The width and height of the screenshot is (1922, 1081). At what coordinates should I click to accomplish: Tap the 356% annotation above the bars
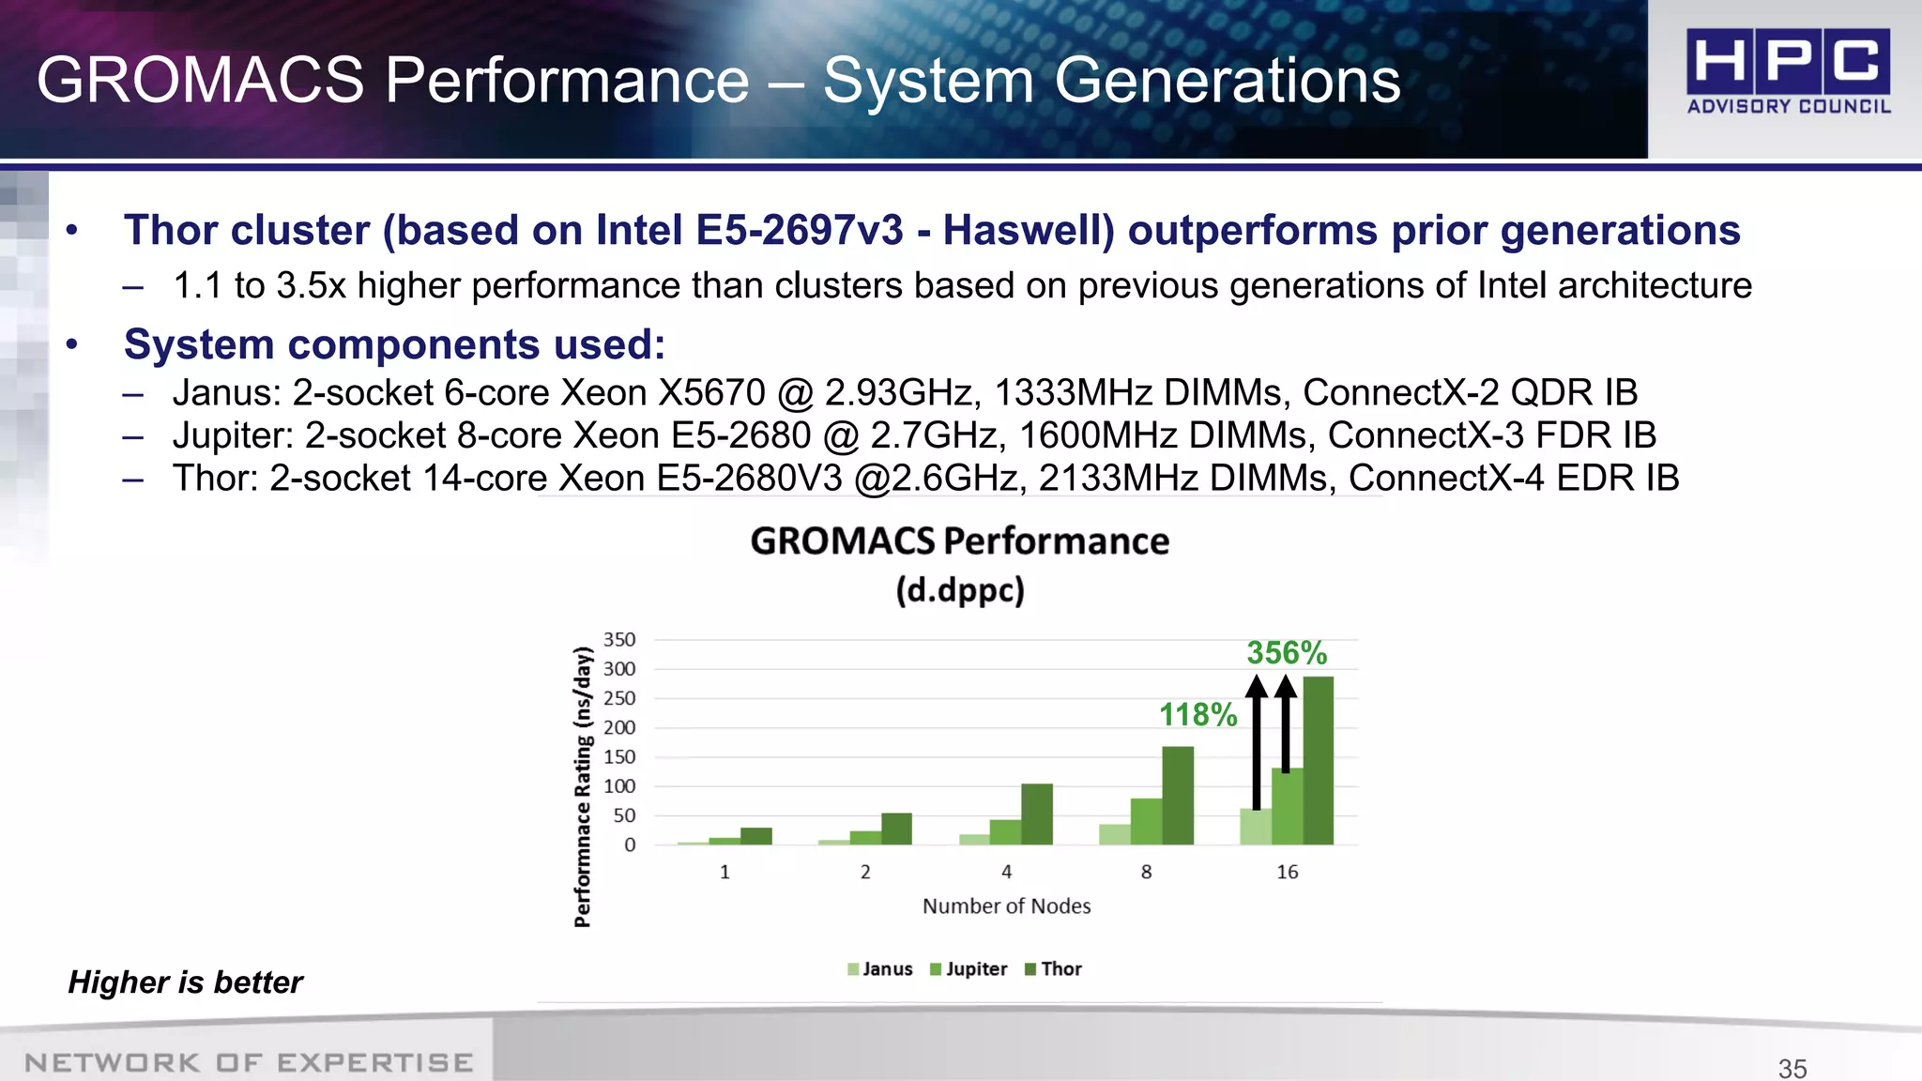[x=1286, y=653]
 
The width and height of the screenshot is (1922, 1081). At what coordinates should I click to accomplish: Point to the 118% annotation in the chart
[x=1197, y=715]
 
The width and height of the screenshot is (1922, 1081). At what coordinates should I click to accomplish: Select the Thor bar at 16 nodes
[x=1318, y=760]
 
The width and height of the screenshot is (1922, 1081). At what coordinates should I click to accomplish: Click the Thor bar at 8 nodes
[x=1178, y=796]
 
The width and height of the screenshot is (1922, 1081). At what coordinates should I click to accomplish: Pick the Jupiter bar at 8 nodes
[x=1146, y=821]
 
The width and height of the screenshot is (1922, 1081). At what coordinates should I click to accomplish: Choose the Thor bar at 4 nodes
[x=1037, y=814]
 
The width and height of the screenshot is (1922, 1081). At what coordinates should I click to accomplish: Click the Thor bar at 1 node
[x=756, y=835]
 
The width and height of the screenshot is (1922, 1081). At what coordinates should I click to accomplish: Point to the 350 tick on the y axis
[x=619, y=640]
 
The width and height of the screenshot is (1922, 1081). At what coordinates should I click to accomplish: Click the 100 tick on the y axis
[x=619, y=786]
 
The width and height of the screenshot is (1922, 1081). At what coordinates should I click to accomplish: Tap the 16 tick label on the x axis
[x=1287, y=872]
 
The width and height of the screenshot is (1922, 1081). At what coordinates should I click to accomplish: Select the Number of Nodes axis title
[x=1006, y=906]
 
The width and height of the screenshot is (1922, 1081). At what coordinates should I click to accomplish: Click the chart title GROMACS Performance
[x=959, y=541]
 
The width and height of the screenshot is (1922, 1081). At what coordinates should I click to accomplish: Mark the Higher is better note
[x=186, y=982]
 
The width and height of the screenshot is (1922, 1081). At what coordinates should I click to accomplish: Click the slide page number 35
[x=1792, y=1068]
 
